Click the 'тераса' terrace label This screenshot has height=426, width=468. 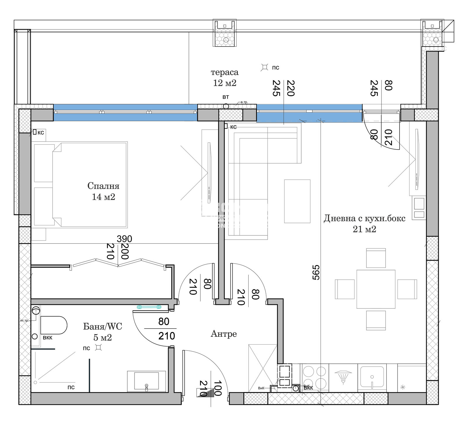tap(224, 72)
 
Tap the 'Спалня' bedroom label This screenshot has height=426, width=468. tap(103, 186)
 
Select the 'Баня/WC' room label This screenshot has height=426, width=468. tap(102, 327)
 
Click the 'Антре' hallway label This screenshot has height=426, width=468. tap(224, 334)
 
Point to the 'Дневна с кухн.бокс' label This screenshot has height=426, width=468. tap(364, 219)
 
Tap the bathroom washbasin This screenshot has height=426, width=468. tap(146, 381)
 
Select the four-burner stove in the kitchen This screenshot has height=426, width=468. tap(314, 377)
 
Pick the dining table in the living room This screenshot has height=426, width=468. tap(376, 289)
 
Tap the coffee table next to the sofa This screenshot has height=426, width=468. tap(297, 201)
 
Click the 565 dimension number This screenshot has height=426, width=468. tap(316, 272)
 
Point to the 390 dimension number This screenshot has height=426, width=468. tap(124, 239)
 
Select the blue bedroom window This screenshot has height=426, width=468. tap(125, 113)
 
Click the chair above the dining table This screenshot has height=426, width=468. tap(376, 258)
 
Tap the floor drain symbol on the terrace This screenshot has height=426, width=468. tap(264, 67)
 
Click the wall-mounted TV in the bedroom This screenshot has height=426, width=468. tap(209, 173)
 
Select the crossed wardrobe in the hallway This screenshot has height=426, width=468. tap(262, 368)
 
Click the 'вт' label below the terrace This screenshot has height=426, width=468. tap(226, 97)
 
